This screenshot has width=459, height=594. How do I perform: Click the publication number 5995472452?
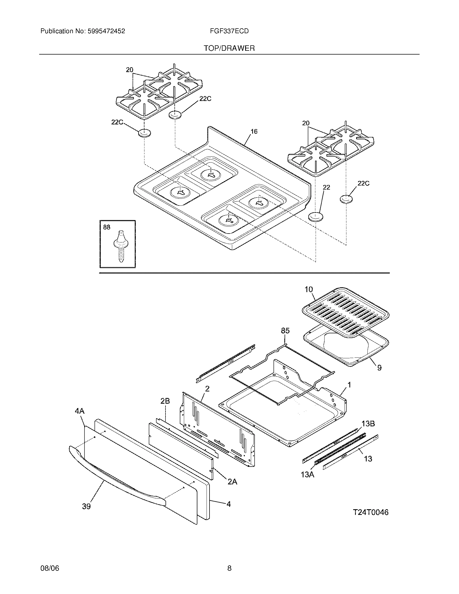tap(106, 31)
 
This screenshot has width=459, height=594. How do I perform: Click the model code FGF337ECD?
tap(229, 31)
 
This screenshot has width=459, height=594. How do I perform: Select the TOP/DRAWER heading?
tap(229, 48)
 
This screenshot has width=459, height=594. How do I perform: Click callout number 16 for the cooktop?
tap(254, 132)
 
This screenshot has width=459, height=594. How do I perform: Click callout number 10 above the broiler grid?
tap(309, 289)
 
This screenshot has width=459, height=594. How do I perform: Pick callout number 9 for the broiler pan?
tap(379, 368)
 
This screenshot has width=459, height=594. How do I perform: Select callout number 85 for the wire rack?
tap(285, 331)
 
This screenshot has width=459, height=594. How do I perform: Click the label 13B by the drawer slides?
tap(368, 423)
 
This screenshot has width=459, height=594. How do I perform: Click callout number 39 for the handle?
tap(86, 507)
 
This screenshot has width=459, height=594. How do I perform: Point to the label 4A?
tap(80, 411)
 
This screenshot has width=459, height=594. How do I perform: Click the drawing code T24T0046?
tap(371, 512)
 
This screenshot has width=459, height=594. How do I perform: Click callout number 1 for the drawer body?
tap(349, 385)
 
